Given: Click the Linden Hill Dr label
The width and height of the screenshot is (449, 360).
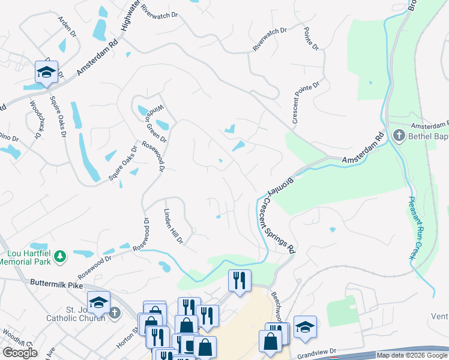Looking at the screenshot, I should [173, 226].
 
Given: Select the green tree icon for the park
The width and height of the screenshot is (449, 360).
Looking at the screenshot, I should [60, 257].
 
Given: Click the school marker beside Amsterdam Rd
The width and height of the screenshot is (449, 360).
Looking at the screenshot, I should [46, 73].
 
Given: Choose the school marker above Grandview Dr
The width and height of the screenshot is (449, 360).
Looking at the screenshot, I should [305, 327].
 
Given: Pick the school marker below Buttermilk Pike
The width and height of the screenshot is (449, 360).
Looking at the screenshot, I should [98, 302].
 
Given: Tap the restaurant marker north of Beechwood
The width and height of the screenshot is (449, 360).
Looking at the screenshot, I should [239, 280].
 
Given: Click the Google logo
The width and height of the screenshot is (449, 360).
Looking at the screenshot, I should [20, 353].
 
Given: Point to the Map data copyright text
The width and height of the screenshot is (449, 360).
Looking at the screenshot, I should [412, 355].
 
